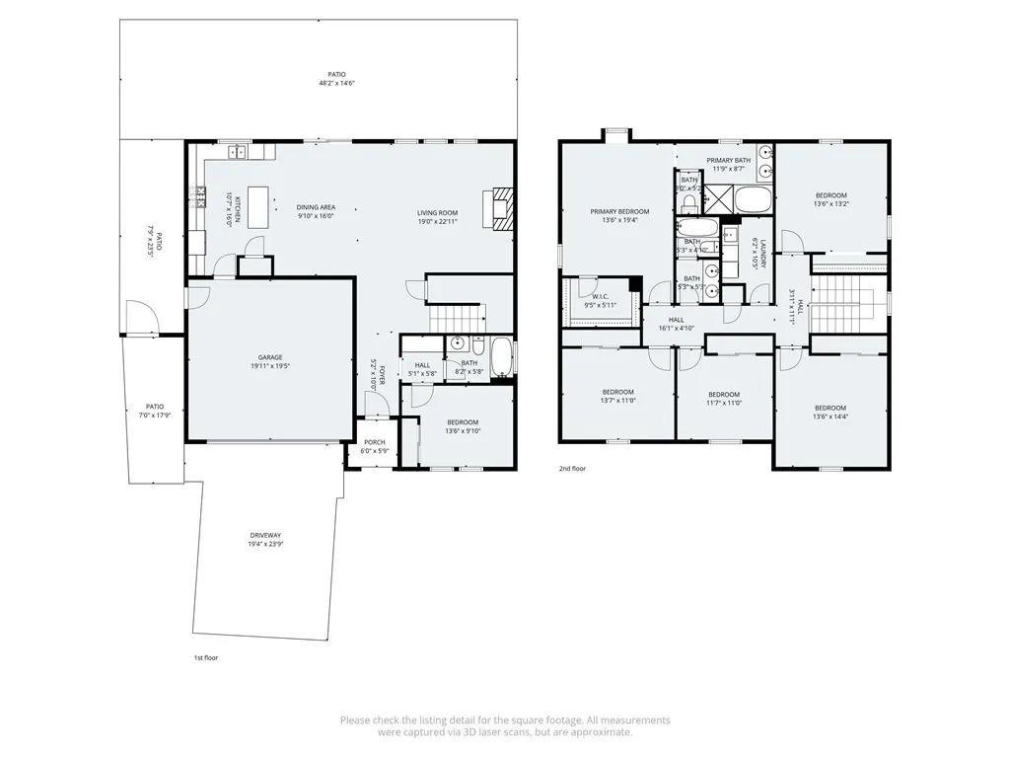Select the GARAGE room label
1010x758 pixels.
[x=270, y=357]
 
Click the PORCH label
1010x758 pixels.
[x=375, y=442]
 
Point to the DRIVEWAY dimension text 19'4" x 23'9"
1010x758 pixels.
[x=265, y=544]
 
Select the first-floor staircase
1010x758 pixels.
[x=456, y=318]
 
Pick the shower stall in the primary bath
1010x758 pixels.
[x=717, y=201]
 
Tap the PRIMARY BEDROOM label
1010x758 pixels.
[x=619, y=211]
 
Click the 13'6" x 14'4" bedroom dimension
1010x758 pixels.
[x=830, y=417]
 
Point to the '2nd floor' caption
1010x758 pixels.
[x=572, y=469]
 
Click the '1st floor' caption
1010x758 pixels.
[x=205, y=656]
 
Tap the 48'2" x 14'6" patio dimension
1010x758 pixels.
[x=336, y=84]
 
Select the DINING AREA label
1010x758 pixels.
[x=316, y=207]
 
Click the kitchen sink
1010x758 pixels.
[x=237, y=151]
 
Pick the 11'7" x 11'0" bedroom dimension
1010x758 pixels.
[x=724, y=402]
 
